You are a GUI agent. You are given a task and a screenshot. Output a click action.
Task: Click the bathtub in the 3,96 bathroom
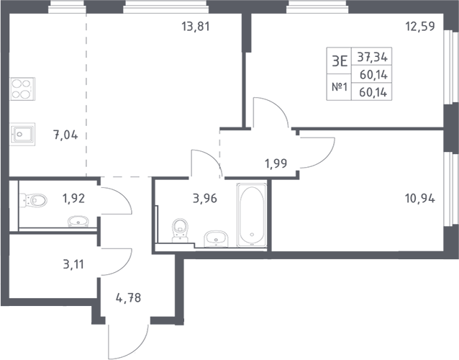tap(252, 215)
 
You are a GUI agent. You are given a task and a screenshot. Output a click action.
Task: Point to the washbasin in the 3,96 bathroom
tap(214, 238)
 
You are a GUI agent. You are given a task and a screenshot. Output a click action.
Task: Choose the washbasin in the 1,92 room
tap(77, 222)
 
